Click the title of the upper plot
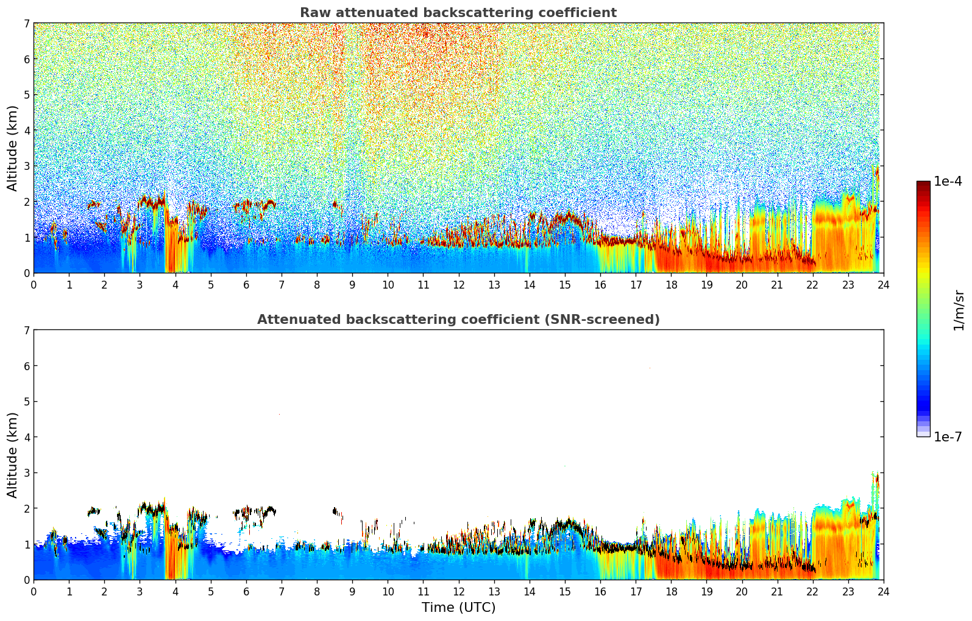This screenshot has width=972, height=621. [x=458, y=13]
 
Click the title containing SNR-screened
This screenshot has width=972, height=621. [x=458, y=320]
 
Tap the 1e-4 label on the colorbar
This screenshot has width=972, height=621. [x=948, y=181]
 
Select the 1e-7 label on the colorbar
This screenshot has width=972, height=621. [x=948, y=437]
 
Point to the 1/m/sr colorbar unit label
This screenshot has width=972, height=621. [x=959, y=310]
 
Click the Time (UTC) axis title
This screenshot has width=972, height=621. [x=458, y=608]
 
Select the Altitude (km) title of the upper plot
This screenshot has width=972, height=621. [x=12, y=148]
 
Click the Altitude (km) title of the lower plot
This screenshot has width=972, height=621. [x=12, y=455]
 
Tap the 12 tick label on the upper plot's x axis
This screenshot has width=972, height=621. [x=458, y=284]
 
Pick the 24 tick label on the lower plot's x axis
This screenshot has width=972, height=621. [x=883, y=591]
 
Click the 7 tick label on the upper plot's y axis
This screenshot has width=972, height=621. [x=27, y=23]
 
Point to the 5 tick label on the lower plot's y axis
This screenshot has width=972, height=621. [x=27, y=402]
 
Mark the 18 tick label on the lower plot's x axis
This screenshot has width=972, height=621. [x=671, y=591]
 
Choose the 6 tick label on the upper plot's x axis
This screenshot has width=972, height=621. [x=246, y=284]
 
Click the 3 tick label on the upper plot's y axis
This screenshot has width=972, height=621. [x=27, y=166]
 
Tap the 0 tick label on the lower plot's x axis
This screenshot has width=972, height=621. [x=34, y=591]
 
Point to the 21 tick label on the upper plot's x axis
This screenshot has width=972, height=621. [x=777, y=284]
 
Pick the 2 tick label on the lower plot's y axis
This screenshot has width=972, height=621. [x=27, y=508]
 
